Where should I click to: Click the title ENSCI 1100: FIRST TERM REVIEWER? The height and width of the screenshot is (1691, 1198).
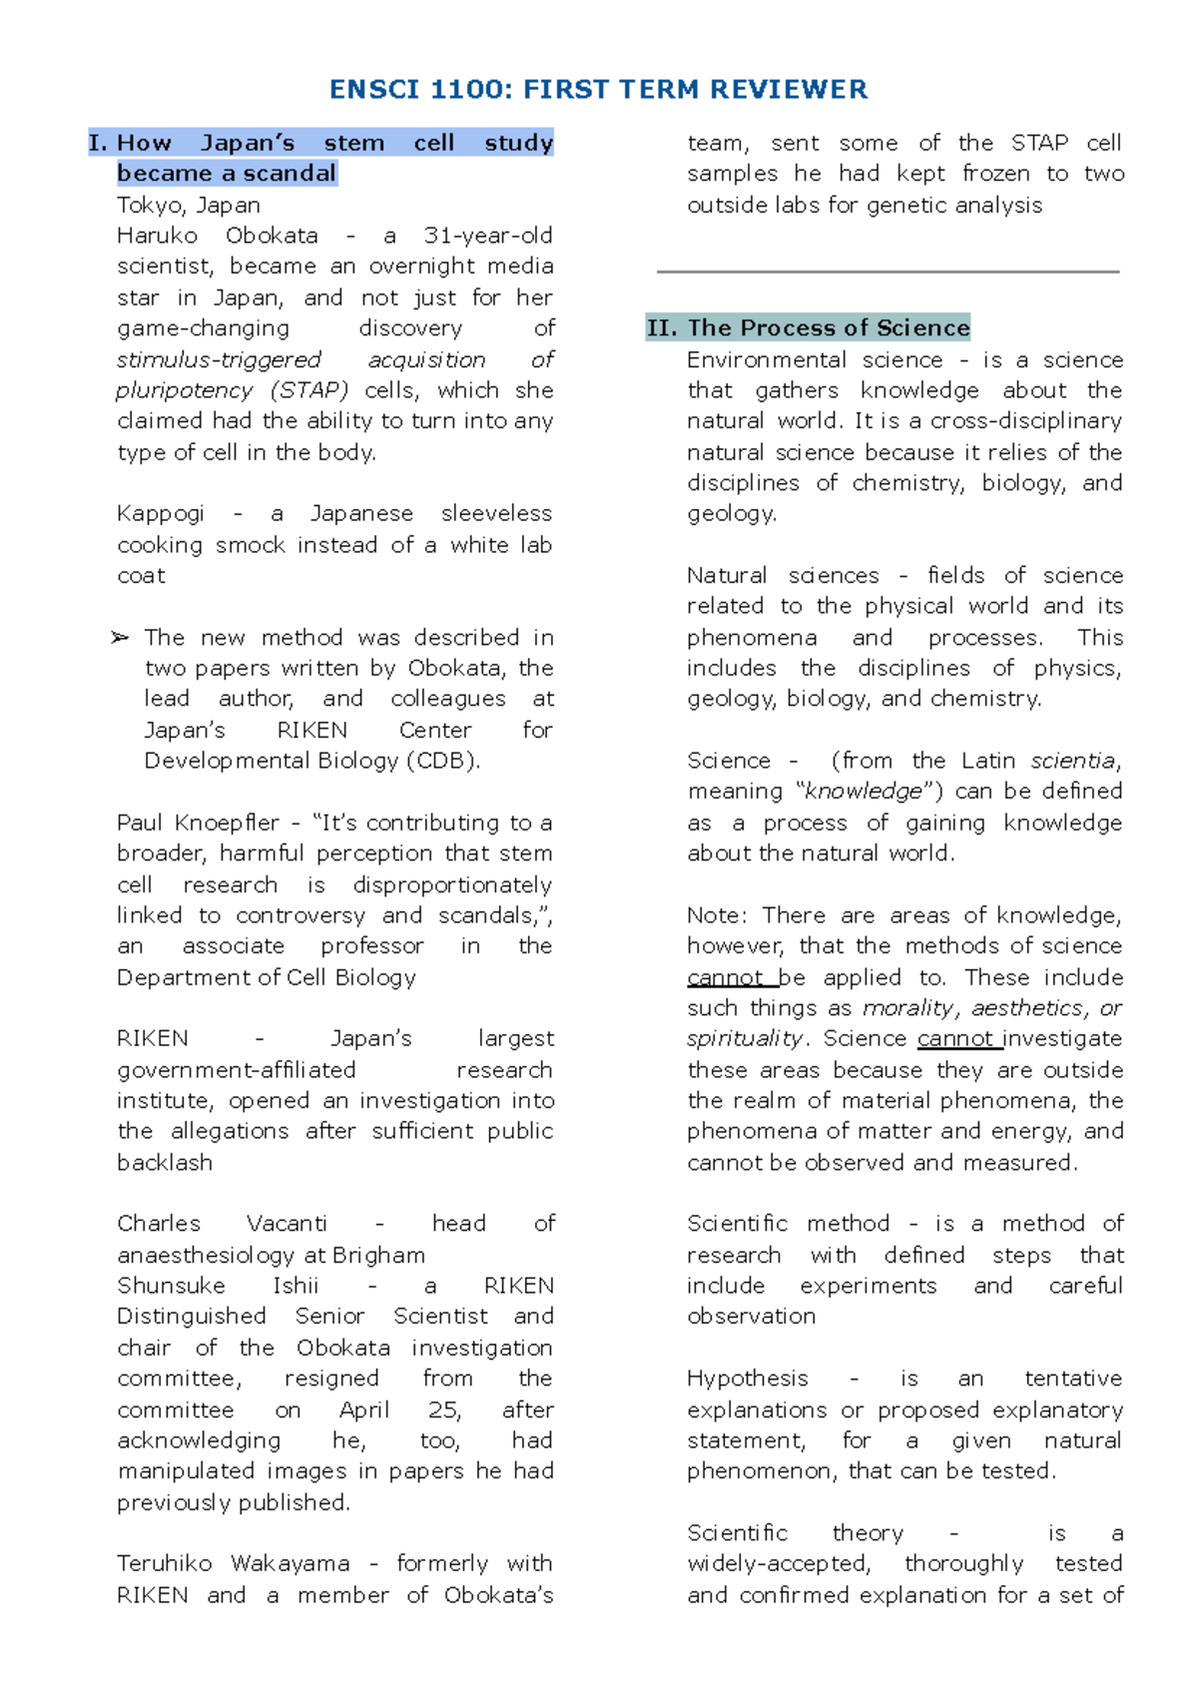[598, 90]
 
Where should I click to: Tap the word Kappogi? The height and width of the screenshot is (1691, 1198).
[160, 514]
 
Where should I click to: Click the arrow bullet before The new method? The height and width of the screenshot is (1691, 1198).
[120, 638]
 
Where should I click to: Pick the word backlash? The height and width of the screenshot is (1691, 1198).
[165, 1163]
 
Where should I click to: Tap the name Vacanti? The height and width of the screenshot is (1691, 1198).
[286, 1224]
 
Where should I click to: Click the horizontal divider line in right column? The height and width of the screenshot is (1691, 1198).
[888, 272]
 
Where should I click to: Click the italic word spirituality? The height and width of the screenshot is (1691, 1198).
[745, 1039]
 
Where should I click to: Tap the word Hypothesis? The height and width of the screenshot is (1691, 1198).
[747, 1379]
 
